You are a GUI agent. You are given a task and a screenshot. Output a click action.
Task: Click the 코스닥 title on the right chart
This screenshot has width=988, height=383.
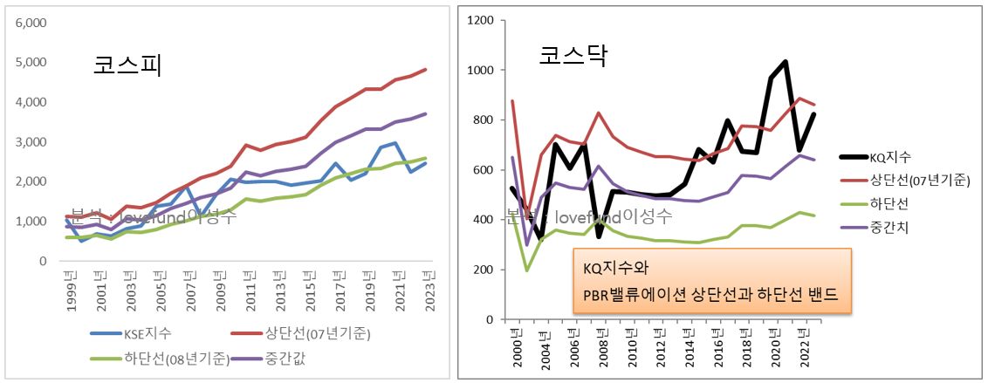573,58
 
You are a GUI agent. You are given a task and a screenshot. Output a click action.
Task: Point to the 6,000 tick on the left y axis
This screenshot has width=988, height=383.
30,23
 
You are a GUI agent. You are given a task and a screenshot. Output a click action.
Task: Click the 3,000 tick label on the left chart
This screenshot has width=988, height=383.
30,142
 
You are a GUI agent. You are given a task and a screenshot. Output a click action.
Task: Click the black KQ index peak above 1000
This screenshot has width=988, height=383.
786,61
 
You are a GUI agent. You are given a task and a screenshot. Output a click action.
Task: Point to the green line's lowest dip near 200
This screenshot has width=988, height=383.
527,270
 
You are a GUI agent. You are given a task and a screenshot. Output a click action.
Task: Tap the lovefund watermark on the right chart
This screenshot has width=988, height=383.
602,215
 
